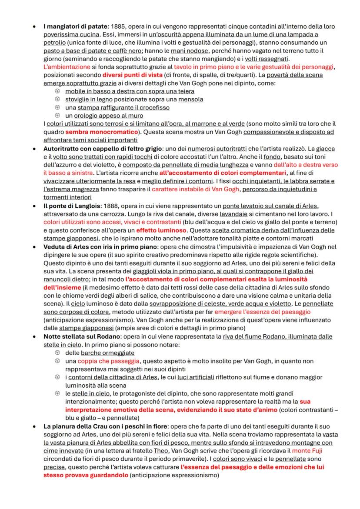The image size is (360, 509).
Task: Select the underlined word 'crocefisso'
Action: click(x=153, y=107)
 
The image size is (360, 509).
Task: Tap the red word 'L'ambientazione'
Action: click(x=67, y=67)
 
